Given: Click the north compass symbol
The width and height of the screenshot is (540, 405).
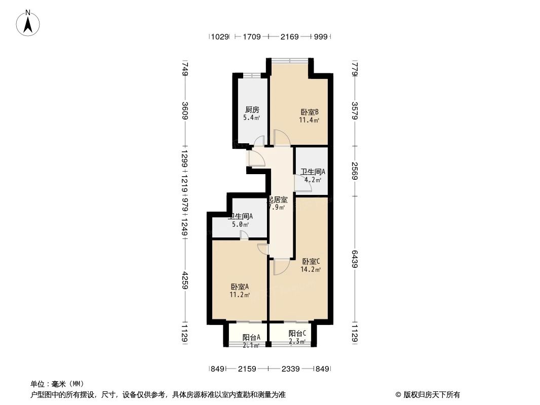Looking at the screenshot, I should (x=29, y=22).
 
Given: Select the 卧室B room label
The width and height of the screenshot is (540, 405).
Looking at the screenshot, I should (x=309, y=112).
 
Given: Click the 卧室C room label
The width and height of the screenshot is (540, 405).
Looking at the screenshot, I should (x=311, y=261).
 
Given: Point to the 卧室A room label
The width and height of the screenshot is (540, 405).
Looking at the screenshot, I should (x=239, y=286).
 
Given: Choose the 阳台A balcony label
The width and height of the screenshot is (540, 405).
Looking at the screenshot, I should (x=251, y=337).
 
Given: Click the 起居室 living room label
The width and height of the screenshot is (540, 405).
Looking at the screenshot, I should (x=277, y=199).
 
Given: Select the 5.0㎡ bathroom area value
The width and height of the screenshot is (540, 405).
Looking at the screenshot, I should (x=241, y=225).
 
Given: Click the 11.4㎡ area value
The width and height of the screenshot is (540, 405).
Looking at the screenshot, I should (x=309, y=120).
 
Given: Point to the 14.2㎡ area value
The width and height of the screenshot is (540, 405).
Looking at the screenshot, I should (x=311, y=270).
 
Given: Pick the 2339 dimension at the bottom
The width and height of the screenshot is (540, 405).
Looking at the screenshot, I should (x=291, y=369).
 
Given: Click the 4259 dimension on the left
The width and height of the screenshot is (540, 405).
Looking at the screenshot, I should (x=185, y=280).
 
